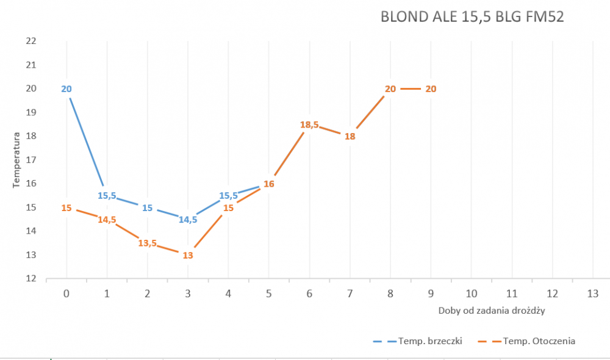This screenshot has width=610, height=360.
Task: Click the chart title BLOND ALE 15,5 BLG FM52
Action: click(472, 16)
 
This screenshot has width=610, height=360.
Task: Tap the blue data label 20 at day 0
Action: click(66, 89)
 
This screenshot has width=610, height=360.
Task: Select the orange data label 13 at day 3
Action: click(188, 256)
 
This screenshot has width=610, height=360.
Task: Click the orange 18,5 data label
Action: click(309, 124)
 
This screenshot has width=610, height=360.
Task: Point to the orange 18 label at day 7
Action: click(350, 137)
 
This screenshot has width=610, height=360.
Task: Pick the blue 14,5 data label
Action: click(188, 220)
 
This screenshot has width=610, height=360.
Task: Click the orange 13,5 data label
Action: click(147, 243)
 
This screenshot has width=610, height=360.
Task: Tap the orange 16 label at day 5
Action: click(268, 184)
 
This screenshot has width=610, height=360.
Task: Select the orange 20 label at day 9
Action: click(431, 89)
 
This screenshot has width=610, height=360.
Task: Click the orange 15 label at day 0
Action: click(66, 208)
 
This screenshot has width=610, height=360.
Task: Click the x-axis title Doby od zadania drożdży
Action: click(491, 310)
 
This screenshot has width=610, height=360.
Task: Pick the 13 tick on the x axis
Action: click(592, 293)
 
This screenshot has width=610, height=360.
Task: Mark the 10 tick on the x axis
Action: click(471, 293)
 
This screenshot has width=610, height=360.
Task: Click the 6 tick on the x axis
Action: click(309, 293)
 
